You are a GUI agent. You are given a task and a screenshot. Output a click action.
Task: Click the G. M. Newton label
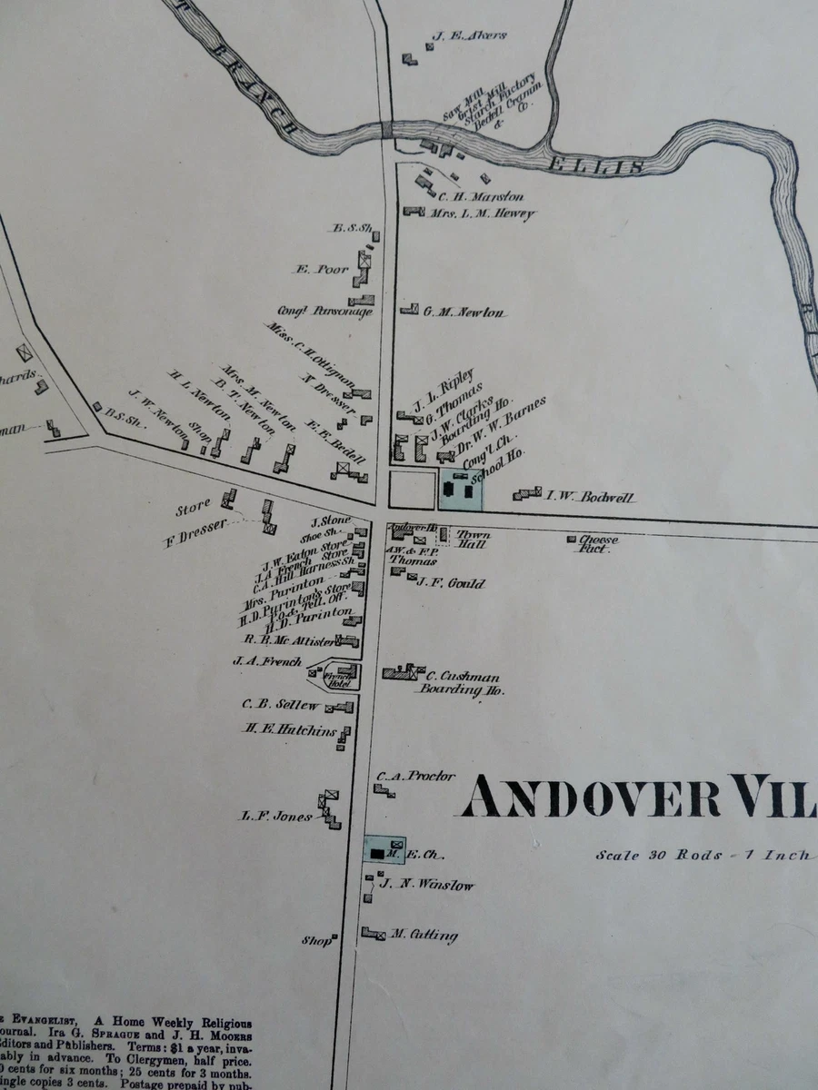coord(464,312)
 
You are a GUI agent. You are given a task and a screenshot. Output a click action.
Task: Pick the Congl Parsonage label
coord(331,312)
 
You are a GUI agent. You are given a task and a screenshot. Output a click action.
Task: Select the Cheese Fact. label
coord(597,544)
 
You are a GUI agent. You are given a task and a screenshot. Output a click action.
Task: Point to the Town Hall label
coord(472,539)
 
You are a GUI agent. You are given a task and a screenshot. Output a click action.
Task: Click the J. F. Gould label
coord(451,583)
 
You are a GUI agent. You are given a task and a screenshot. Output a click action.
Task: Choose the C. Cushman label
coord(463,676)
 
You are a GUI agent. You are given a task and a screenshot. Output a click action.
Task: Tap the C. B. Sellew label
coord(280,705)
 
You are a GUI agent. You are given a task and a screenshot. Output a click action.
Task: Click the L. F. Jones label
coord(276,817)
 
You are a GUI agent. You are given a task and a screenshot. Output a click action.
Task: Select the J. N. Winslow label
coord(426,885)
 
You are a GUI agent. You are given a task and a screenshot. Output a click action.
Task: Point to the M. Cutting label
coord(424,936)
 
